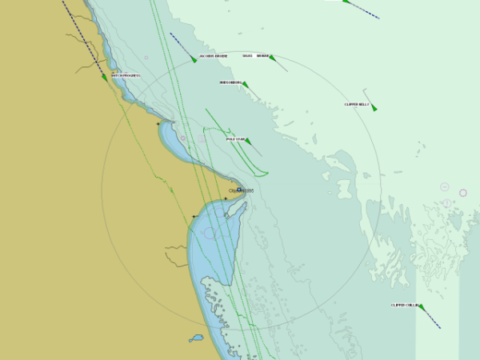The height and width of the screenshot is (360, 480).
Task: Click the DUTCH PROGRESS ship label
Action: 126,76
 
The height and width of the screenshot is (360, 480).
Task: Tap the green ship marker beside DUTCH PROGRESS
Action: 105,78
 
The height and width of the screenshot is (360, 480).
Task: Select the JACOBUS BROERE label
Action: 214,56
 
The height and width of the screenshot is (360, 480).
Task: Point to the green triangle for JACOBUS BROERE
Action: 194,59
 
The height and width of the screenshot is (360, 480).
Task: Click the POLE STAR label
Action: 235,139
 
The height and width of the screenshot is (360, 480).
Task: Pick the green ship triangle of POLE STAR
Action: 248,142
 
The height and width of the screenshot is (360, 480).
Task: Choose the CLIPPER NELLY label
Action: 357,105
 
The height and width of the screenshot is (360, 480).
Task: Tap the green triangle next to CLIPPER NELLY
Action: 374,107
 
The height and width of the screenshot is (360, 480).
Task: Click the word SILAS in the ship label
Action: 248,56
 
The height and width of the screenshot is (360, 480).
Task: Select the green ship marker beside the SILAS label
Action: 272,58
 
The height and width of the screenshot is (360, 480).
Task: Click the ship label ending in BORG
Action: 230,82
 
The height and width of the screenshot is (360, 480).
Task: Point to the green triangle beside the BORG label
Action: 245,84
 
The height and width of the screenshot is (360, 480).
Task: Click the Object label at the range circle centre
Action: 243,191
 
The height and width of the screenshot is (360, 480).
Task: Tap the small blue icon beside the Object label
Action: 238,190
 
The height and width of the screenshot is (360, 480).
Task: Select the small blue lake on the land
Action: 196,338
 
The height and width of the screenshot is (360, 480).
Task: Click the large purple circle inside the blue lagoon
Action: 210,233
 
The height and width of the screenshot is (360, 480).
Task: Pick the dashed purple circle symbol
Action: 462,193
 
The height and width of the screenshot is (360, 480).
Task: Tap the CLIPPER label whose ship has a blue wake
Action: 405,305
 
